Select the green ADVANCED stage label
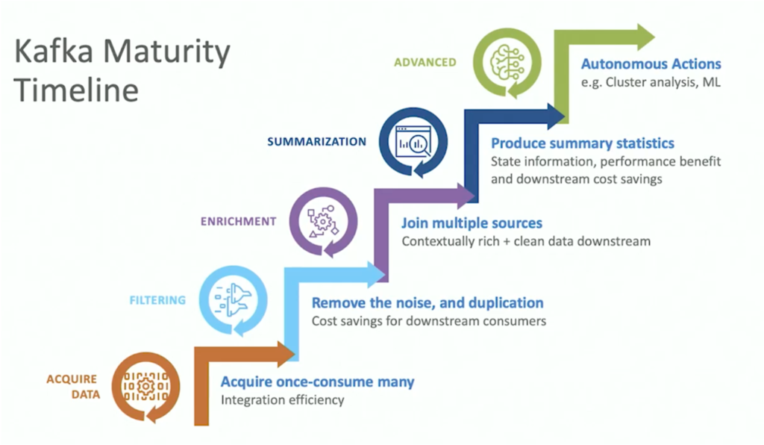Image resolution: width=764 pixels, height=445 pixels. tap(425, 62)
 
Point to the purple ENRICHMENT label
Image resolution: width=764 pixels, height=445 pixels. tap(239, 221)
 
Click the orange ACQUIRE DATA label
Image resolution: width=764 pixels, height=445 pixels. tap(72, 386)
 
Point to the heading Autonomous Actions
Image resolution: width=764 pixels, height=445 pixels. tap(651, 63)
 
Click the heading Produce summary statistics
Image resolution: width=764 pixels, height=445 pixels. tap(582, 143)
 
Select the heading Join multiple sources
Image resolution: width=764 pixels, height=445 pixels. tap(472, 222)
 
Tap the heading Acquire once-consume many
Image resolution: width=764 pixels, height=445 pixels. tap(317, 382)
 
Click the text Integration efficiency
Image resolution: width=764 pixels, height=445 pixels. tap(282, 399)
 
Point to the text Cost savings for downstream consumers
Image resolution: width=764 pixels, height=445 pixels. tap(429, 321)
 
